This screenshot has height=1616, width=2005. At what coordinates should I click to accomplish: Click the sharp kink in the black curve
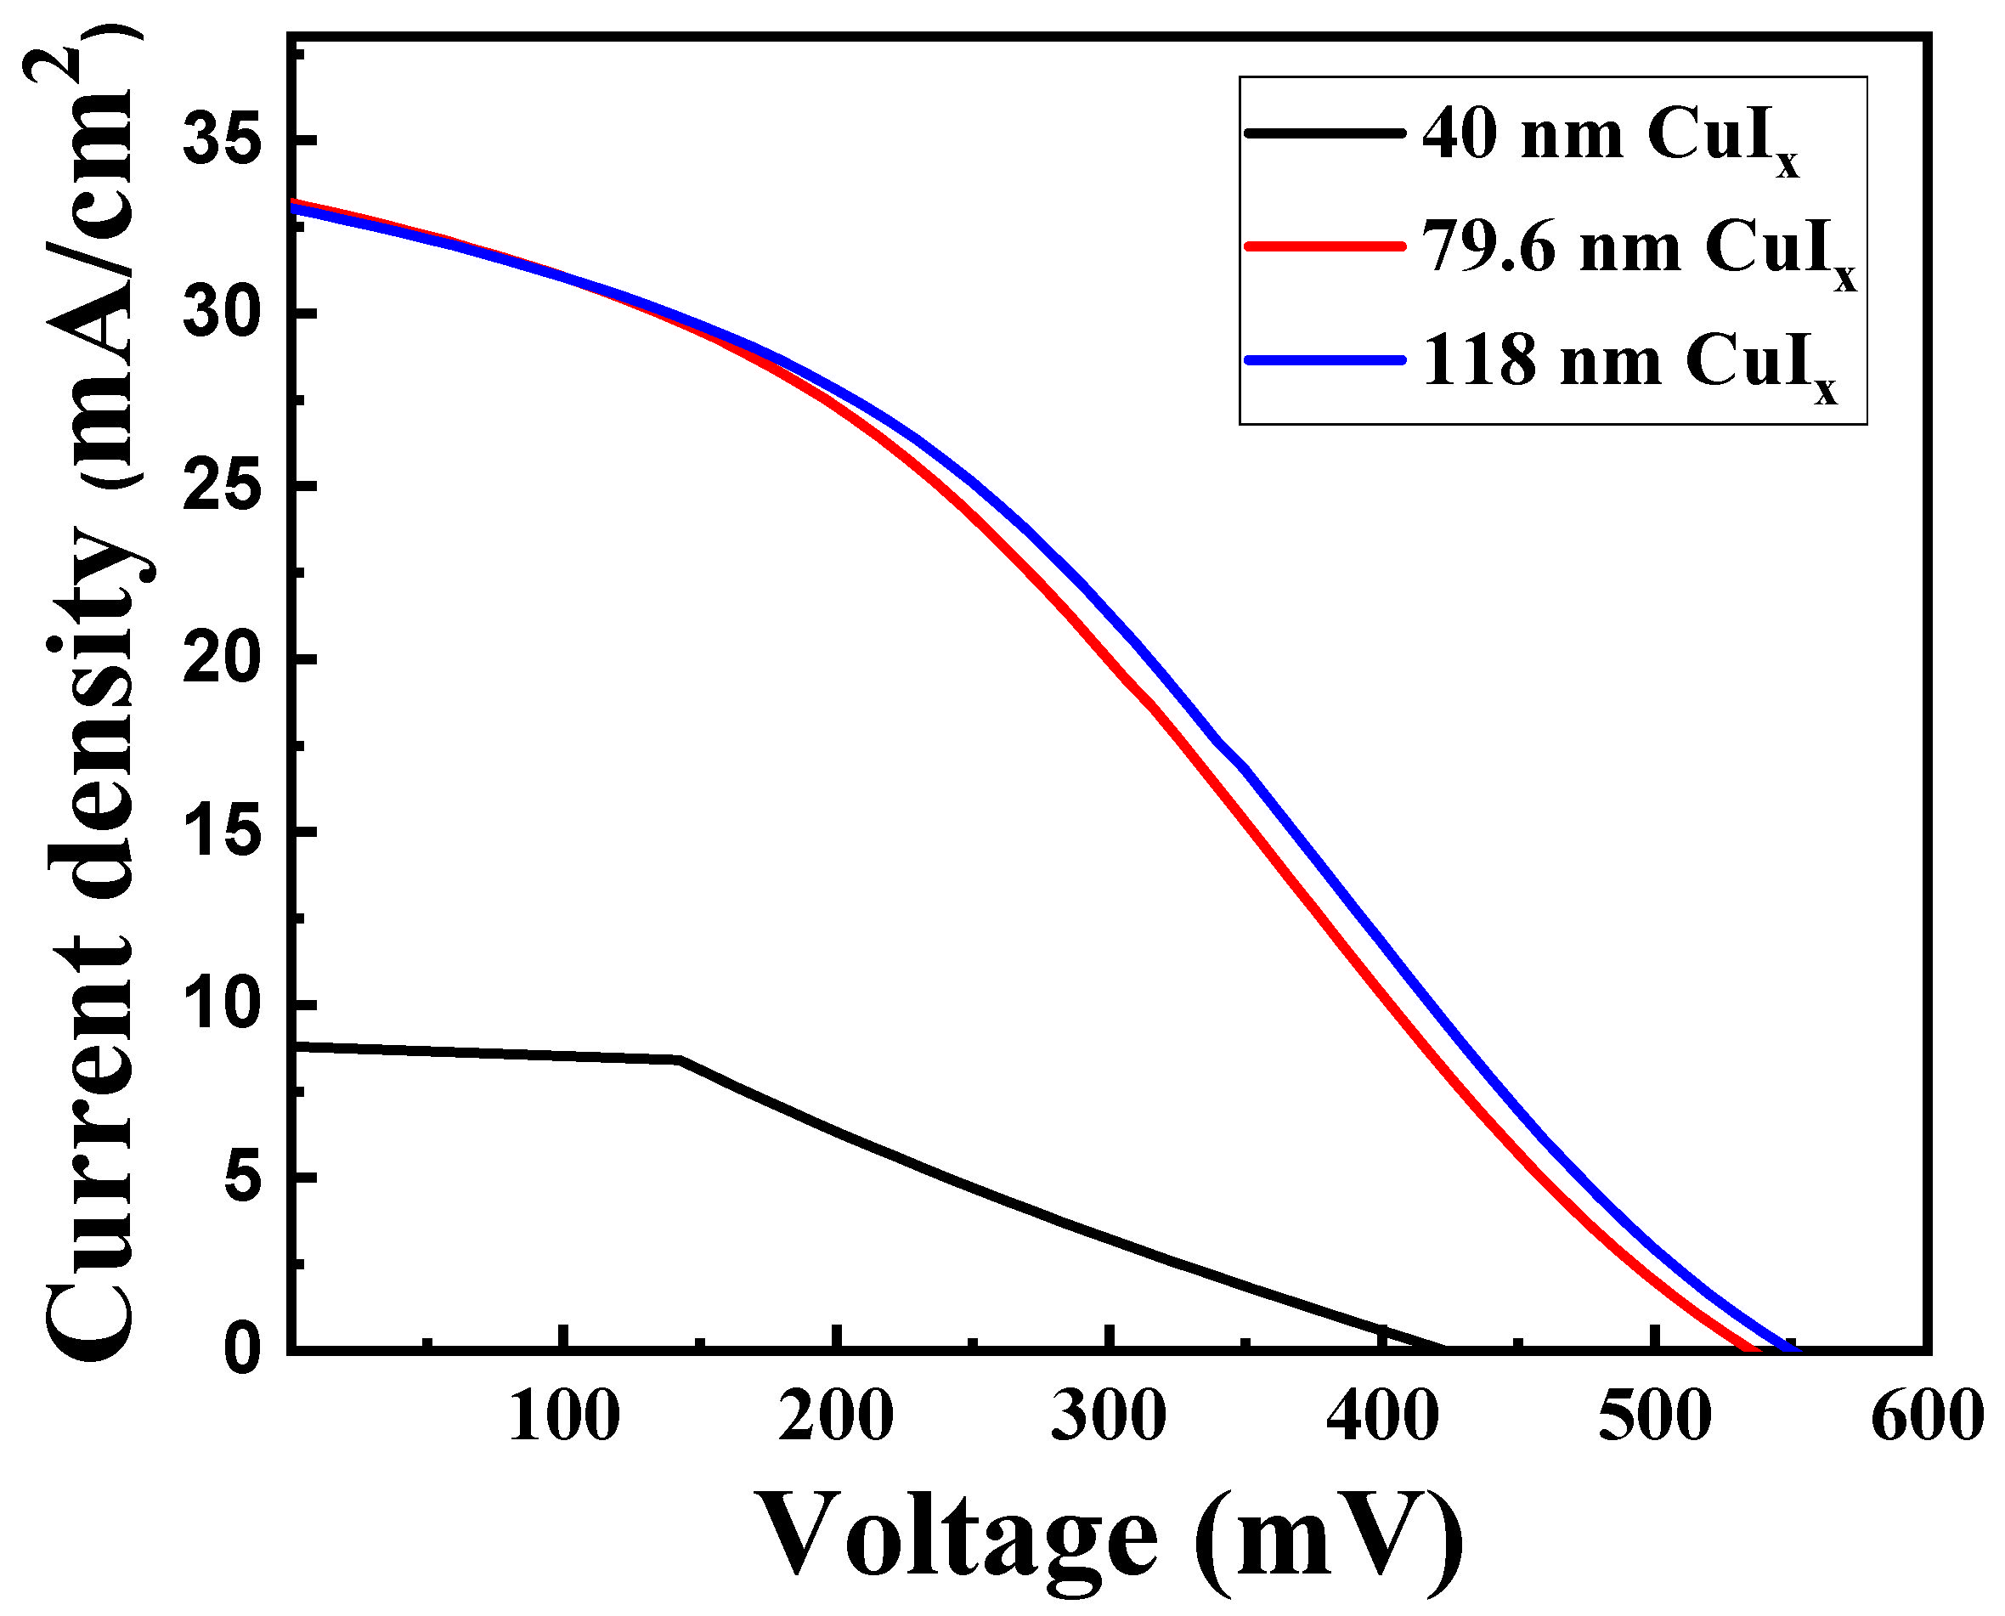pyautogui.click(x=681, y=1059)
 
